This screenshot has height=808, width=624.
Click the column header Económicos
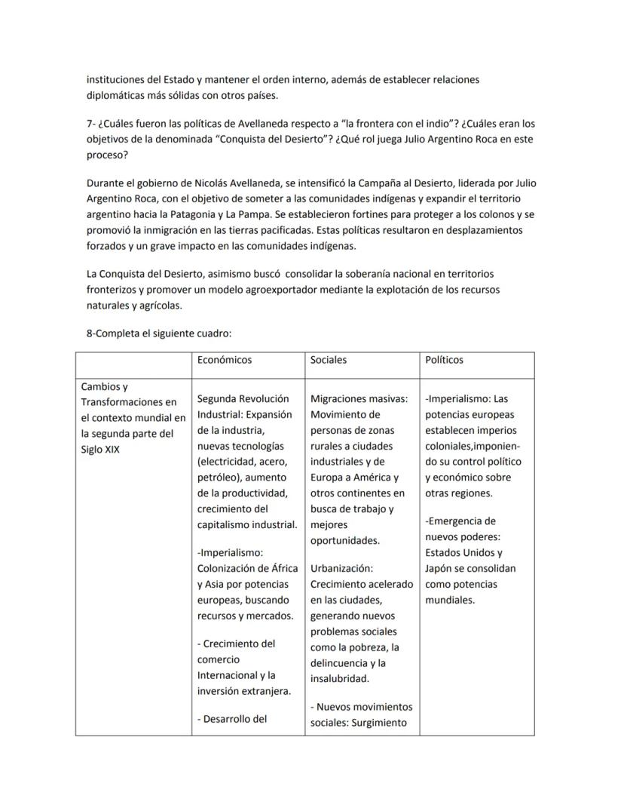click(224, 360)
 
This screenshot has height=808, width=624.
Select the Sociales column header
click(329, 360)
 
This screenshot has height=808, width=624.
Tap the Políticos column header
click(445, 360)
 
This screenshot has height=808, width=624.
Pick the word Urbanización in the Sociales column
click(341, 568)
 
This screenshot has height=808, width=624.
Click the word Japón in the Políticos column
click(441, 568)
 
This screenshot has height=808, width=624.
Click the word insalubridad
click(340, 678)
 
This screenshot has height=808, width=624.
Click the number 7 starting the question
click(90, 123)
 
